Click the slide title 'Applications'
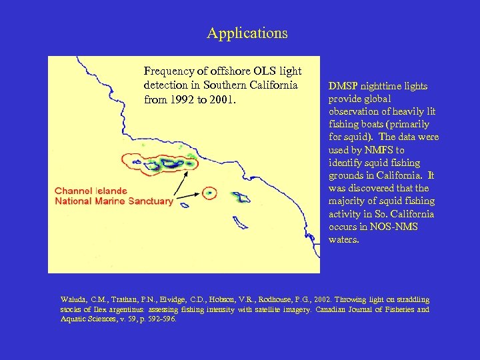tap(247, 33)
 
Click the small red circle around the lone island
tap(209, 193)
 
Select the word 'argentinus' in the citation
tap(123, 309)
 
